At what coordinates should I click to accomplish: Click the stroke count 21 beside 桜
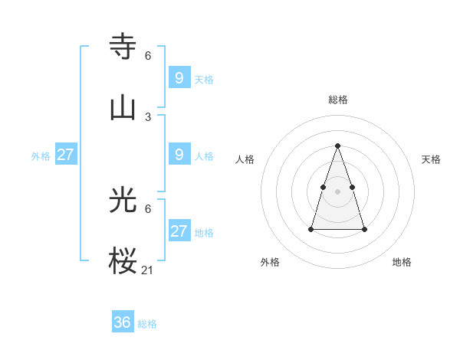(x=148, y=270)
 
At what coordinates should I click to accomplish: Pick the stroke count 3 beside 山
(x=148, y=116)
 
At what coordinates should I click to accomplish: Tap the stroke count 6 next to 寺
(x=148, y=56)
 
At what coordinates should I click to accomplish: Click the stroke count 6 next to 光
(x=148, y=209)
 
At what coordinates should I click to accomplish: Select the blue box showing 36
(x=123, y=322)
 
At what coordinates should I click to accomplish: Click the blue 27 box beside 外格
(x=65, y=155)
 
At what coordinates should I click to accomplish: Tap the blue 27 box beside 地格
(x=179, y=231)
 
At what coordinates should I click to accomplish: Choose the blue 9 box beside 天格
(x=179, y=77)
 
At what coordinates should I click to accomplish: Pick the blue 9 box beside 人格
(x=179, y=155)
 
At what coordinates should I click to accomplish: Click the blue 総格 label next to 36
(x=147, y=324)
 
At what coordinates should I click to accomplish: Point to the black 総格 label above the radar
(x=337, y=100)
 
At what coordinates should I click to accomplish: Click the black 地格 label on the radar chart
(x=402, y=262)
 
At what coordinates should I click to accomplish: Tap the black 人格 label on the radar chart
(x=245, y=159)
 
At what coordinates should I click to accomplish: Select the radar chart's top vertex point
(x=337, y=146)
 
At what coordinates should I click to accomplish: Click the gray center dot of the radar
(x=337, y=191)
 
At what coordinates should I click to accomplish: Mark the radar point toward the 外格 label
(x=311, y=229)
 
